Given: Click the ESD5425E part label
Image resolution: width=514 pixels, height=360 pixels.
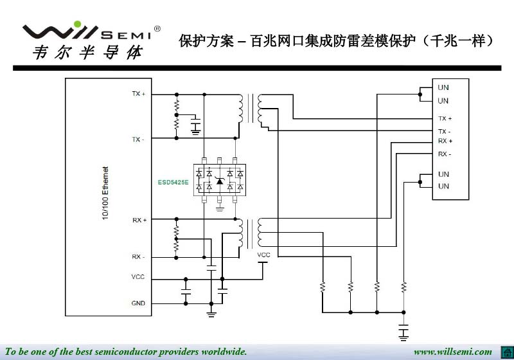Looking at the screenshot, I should [x=173, y=182].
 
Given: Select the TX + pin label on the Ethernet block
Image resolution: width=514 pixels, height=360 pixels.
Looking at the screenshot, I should [x=138, y=94].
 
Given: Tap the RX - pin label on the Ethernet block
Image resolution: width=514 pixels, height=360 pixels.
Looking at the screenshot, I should [x=138, y=256].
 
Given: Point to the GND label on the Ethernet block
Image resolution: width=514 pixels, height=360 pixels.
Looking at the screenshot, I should [x=138, y=303].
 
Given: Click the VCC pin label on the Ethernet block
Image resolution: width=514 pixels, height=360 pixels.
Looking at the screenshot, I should [x=138, y=276].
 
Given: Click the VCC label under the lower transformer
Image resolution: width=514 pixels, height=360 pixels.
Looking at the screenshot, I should [x=263, y=255].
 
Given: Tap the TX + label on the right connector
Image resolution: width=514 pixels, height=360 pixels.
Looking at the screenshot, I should [x=445, y=118].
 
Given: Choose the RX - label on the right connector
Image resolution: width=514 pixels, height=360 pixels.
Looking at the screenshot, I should [x=445, y=154].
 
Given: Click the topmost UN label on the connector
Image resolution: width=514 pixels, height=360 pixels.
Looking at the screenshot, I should [x=443, y=87].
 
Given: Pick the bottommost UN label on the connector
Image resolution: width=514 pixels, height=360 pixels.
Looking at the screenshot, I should [x=443, y=186].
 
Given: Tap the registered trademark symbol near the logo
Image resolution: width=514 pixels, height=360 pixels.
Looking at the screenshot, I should [x=157, y=29].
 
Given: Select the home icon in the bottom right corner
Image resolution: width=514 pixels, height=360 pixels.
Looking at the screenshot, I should [x=505, y=351].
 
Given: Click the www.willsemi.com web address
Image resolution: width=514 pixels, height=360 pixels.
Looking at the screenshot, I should [x=452, y=352].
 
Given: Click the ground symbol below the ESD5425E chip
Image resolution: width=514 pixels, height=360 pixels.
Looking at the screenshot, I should [x=220, y=208].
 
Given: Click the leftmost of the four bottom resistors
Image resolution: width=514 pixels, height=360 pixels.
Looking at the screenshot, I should [x=323, y=287].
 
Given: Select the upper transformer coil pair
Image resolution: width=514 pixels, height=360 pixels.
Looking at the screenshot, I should [x=251, y=109].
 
